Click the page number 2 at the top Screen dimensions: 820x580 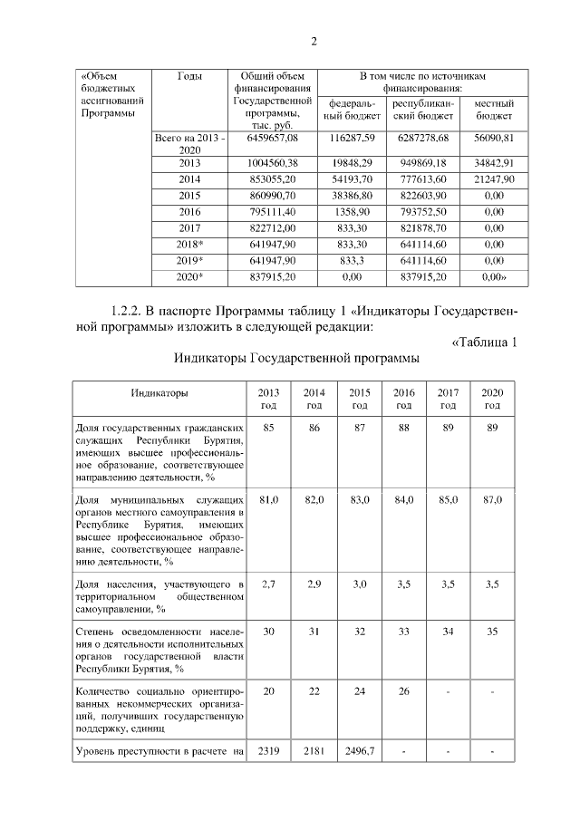click(x=314, y=41)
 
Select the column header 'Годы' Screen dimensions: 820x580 click(x=189, y=76)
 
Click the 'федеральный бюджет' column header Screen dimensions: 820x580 click(x=353, y=110)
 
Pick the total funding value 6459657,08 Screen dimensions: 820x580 click(x=273, y=138)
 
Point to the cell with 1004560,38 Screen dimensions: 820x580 click(x=273, y=163)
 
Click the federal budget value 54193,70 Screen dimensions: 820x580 click(x=353, y=179)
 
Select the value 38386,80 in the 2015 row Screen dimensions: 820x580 click(x=353, y=196)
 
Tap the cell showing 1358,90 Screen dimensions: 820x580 click(x=353, y=212)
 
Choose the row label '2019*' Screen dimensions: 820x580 click(x=189, y=261)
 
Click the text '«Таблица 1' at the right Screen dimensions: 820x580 click(x=484, y=342)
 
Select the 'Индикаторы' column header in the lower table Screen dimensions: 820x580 click(x=159, y=393)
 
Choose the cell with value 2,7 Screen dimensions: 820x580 click(x=268, y=584)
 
